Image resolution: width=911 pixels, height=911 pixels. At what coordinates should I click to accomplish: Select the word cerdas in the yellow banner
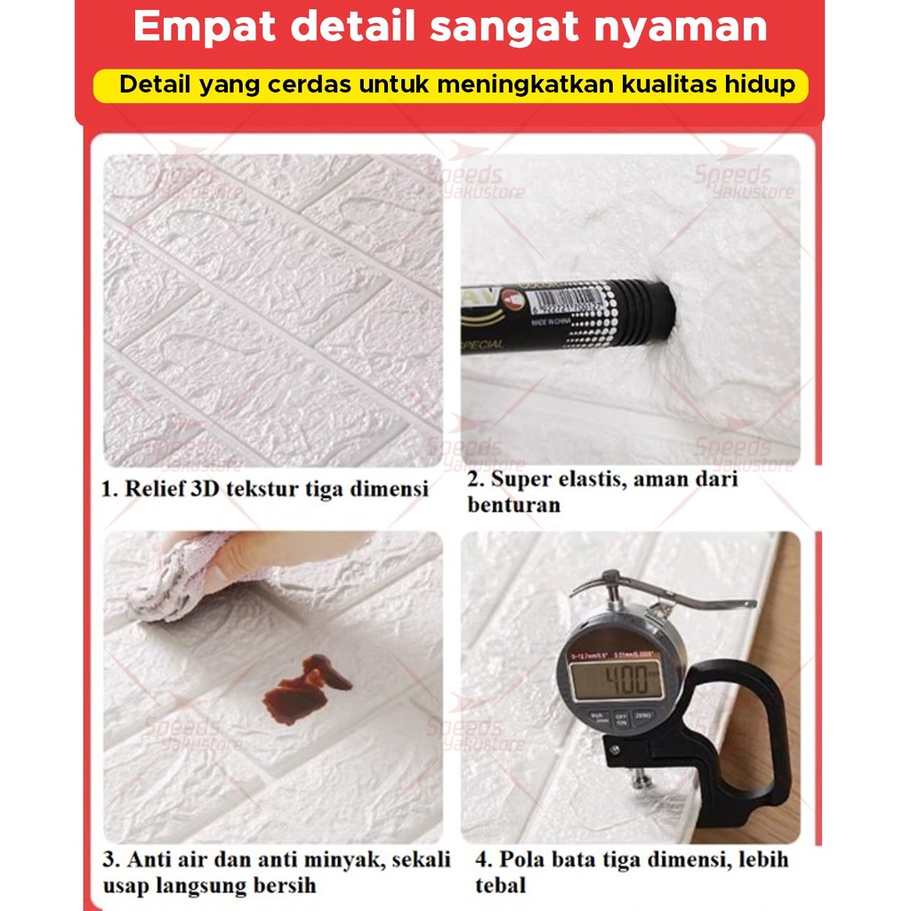click(x=304, y=86)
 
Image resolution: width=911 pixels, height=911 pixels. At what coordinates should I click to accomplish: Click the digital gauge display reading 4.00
click(x=616, y=681)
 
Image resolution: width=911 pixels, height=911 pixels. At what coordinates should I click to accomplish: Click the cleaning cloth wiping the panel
click(x=173, y=578)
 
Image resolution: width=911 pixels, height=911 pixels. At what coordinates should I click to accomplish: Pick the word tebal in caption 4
click(x=500, y=886)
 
